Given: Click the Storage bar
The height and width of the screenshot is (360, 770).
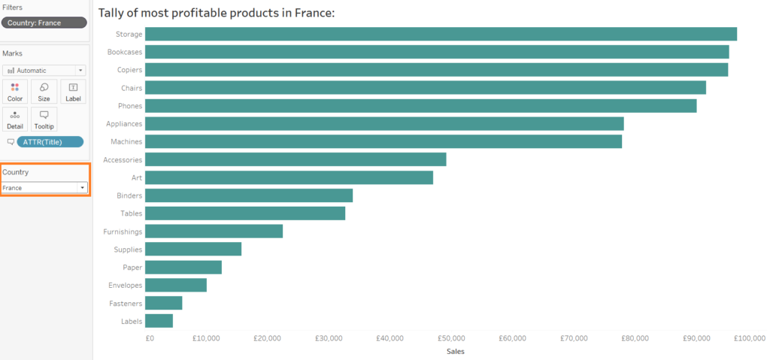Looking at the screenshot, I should [x=441, y=34].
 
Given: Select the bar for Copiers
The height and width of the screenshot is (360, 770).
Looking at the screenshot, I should [x=436, y=70].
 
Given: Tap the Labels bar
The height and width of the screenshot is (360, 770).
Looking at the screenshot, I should [x=159, y=321].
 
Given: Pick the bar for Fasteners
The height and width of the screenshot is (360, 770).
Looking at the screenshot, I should [x=163, y=303].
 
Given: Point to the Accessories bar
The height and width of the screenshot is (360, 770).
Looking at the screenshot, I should [x=296, y=159].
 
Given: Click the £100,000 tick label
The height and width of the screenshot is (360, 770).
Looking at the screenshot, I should [x=749, y=339].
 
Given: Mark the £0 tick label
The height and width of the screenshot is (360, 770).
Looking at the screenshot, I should [x=150, y=339].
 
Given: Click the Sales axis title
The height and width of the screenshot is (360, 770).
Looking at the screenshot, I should [x=455, y=351].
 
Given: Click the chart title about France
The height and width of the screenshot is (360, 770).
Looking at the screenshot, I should [x=217, y=14].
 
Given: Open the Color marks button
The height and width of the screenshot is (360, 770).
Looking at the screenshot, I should [x=15, y=92].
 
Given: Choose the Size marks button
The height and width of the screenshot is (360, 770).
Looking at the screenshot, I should [x=44, y=92].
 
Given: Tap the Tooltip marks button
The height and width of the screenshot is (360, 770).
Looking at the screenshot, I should [x=44, y=119].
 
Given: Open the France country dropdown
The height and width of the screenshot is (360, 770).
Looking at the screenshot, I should [x=44, y=187].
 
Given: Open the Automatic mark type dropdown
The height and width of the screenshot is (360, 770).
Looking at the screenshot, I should [x=44, y=70].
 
